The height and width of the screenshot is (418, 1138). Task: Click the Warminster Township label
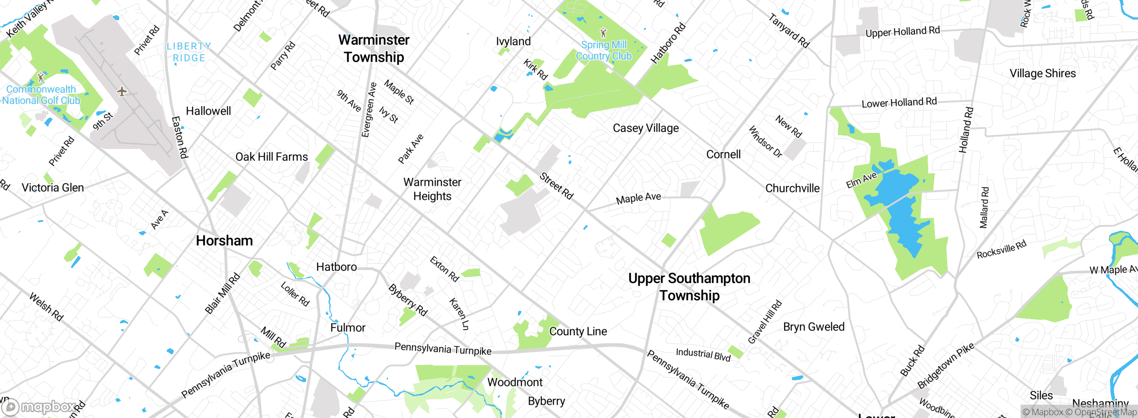[374, 48]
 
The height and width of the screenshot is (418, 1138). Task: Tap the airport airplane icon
[122, 92]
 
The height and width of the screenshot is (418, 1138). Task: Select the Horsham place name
[224, 241]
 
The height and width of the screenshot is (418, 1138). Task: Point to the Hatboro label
[337, 267]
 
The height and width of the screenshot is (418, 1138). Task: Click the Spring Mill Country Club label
[603, 50]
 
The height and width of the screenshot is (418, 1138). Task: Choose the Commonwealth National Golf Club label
[41, 95]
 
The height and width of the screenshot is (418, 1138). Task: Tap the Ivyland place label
[513, 41]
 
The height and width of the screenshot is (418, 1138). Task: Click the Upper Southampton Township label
[689, 287]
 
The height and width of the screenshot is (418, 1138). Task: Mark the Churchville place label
[792, 188]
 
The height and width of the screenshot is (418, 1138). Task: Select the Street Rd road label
[557, 186]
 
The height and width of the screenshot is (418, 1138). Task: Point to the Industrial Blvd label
[703, 354]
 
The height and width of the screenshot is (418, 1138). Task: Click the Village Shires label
[1042, 73]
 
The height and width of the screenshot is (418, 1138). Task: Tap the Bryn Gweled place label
[813, 327]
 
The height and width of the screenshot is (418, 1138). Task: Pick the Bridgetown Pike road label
[946, 366]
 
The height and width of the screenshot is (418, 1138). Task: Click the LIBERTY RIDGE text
[189, 52]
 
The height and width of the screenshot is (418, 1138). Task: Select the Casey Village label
[645, 128]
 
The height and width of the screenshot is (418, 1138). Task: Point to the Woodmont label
[515, 382]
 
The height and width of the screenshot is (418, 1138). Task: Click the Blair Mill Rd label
[222, 293]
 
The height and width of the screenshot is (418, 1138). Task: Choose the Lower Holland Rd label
[899, 103]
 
